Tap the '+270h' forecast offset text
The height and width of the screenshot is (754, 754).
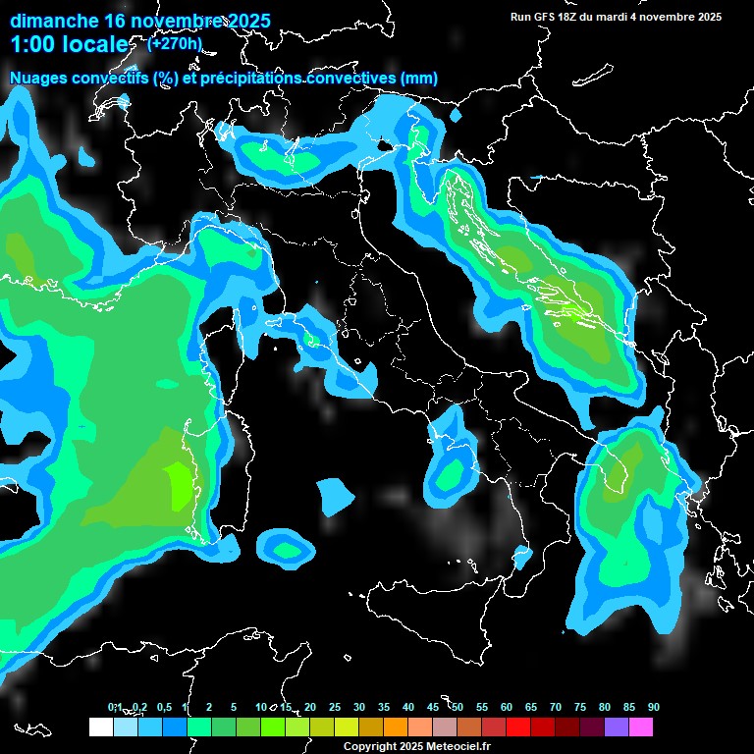[x=175, y=43]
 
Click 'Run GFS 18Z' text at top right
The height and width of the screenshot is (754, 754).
[x=550, y=17]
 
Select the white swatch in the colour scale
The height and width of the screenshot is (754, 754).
[x=100, y=727]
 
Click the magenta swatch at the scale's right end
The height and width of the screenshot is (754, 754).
[x=640, y=727]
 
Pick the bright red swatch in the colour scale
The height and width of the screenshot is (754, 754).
[x=517, y=727]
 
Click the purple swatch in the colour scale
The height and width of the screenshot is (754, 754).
[x=616, y=727]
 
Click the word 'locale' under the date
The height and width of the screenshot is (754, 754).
[x=95, y=44]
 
